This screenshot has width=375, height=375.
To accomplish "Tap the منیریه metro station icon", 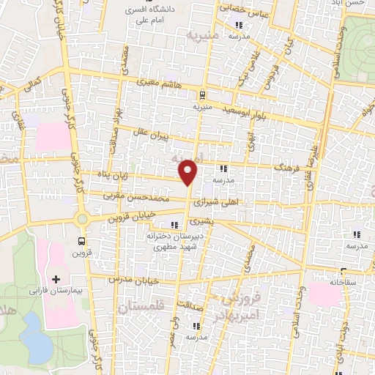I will tap(201, 94).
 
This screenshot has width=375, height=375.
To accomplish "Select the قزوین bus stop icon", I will tap(81, 240).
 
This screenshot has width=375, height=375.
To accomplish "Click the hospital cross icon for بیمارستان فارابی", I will tap(56, 279).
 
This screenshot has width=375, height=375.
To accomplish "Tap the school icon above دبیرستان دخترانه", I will tap(174, 225).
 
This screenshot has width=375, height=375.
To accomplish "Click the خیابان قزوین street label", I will tap(114, 217).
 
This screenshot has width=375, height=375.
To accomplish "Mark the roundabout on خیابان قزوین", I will tap(81, 218).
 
